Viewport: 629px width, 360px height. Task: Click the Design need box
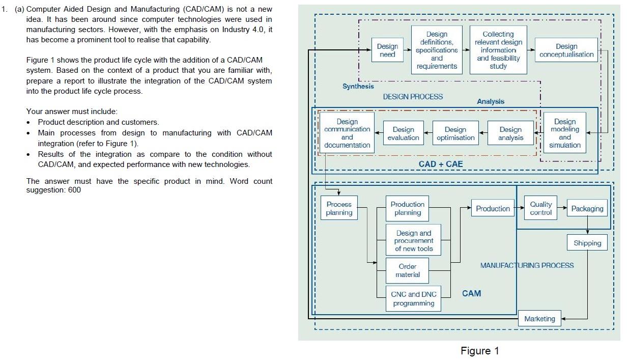point(387,50)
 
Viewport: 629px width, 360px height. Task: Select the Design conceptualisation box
point(566,50)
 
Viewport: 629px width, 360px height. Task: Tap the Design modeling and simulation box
point(564,133)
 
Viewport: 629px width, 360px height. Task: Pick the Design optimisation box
point(455,133)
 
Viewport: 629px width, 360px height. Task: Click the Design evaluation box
point(403,133)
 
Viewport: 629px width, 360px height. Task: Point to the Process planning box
point(339,208)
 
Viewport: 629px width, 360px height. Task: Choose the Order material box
point(408,270)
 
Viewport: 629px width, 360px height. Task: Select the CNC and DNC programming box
point(413,299)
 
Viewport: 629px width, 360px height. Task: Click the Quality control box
point(540,208)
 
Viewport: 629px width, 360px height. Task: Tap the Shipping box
point(587,243)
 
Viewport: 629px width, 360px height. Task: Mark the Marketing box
point(539,319)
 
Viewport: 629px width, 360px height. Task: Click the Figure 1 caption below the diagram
point(479,351)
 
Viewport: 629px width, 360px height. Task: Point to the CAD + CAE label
point(441,164)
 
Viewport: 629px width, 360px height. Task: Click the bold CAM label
point(471,293)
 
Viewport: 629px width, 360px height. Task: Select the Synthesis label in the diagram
point(358,86)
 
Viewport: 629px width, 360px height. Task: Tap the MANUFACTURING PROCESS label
point(527,265)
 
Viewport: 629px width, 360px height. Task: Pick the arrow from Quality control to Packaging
point(562,208)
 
